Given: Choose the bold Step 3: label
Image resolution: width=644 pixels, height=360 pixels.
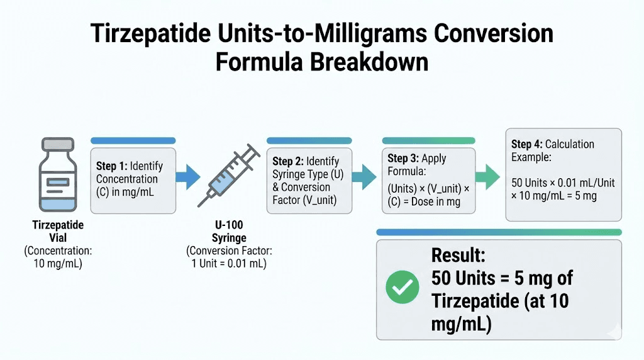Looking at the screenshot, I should pos(403,159).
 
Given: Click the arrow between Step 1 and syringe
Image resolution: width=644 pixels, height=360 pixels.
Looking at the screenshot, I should pos(188,176).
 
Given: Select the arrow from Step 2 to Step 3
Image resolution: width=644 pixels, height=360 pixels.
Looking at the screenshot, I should pos(365,176).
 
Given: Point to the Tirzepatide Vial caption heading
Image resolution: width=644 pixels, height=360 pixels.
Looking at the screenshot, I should pos(58,231).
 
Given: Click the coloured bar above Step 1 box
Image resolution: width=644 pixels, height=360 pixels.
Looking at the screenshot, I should pos(133,140).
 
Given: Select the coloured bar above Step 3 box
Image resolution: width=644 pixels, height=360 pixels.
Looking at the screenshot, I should pos(428,140).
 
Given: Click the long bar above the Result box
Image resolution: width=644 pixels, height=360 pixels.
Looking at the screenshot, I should pos(499,232).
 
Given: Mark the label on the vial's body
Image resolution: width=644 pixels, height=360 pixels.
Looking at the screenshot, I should pos(57,183).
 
